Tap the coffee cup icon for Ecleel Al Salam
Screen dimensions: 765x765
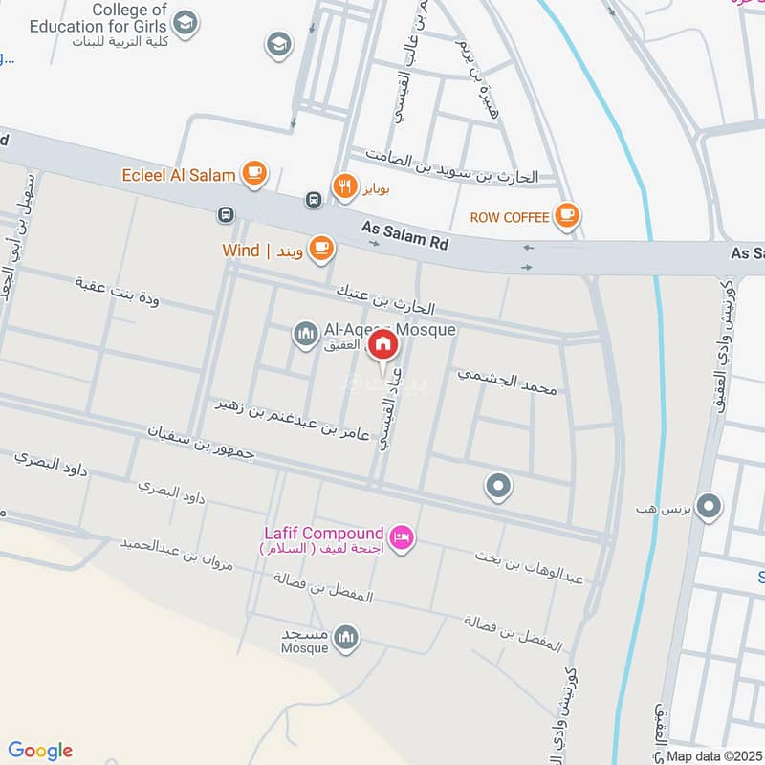point(253,173)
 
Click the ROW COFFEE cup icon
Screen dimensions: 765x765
point(568,216)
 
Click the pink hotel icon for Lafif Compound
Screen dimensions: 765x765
point(403,537)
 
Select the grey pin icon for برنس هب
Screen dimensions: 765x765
point(709,506)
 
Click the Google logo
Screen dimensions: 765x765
point(41,751)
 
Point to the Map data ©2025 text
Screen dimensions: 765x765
point(714,755)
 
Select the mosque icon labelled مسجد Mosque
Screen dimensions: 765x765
point(346,637)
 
